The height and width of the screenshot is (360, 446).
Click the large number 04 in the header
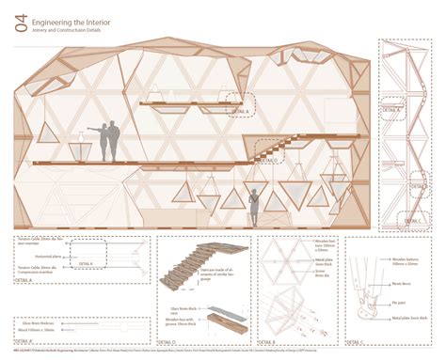(x=21, y=27)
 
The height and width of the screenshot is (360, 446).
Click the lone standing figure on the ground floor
(x=253, y=206)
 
